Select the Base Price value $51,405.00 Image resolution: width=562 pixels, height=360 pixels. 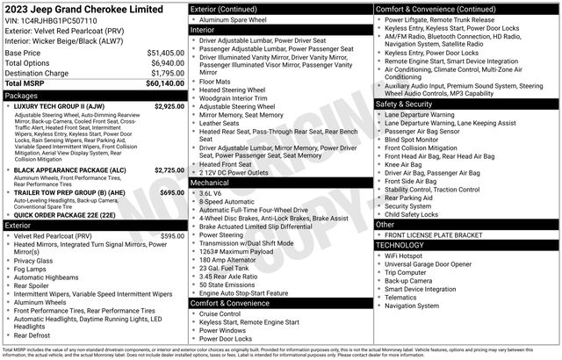click(x=165, y=53)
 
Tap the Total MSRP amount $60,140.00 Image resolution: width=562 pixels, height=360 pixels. click(x=165, y=83)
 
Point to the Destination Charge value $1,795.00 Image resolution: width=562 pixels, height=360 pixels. click(x=167, y=73)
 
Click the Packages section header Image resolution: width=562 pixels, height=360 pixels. click(x=21, y=95)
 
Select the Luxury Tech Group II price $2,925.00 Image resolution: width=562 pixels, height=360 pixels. click(x=169, y=106)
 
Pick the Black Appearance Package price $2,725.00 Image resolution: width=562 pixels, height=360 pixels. click(x=169, y=169)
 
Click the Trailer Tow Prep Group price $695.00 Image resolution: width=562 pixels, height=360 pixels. click(x=172, y=191)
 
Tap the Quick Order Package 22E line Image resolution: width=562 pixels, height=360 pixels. click(x=63, y=214)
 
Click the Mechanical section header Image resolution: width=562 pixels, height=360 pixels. click(x=210, y=183)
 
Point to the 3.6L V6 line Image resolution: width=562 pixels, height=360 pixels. click(x=210, y=193)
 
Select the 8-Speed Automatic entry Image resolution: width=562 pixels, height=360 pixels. click(x=227, y=201)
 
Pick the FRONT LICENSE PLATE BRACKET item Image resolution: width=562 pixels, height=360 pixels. click(x=435, y=236)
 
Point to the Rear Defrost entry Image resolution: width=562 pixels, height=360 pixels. click(x=32, y=335)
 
